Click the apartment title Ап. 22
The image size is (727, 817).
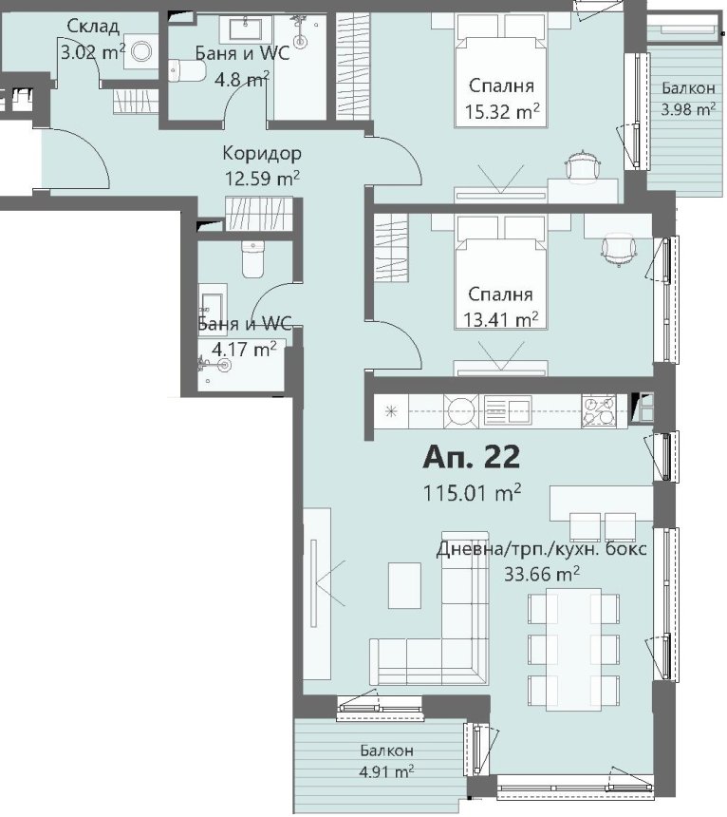click(x=471, y=457)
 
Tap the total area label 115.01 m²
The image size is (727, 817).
click(x=472, y=492)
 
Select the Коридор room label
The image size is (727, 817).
click(x=262, y=153)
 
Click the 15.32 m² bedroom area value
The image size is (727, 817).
click(x=501, y=111)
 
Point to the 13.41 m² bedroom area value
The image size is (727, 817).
click(x=500, y=318)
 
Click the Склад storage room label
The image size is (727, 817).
click(x=94, y=26)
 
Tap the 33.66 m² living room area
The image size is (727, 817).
click(x=542, y=574)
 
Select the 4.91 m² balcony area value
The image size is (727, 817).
click(x=386, y=771)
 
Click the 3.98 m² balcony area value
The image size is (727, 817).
click(x=688, y=109)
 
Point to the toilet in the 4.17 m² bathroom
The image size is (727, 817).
click(x=253, y=259)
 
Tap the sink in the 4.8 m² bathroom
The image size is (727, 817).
click(x=245, y=29)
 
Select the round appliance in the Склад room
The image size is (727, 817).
click(x=141, y=51)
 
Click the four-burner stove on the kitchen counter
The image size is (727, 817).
click(x=599, y=411)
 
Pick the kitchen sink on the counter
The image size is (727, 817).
click(x=508, y=410)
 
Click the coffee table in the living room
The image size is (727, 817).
click(x=404, y=585)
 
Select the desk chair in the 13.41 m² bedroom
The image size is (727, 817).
click(x=619, y=250)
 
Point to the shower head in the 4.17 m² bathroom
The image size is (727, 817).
click(x=224, y=365)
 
